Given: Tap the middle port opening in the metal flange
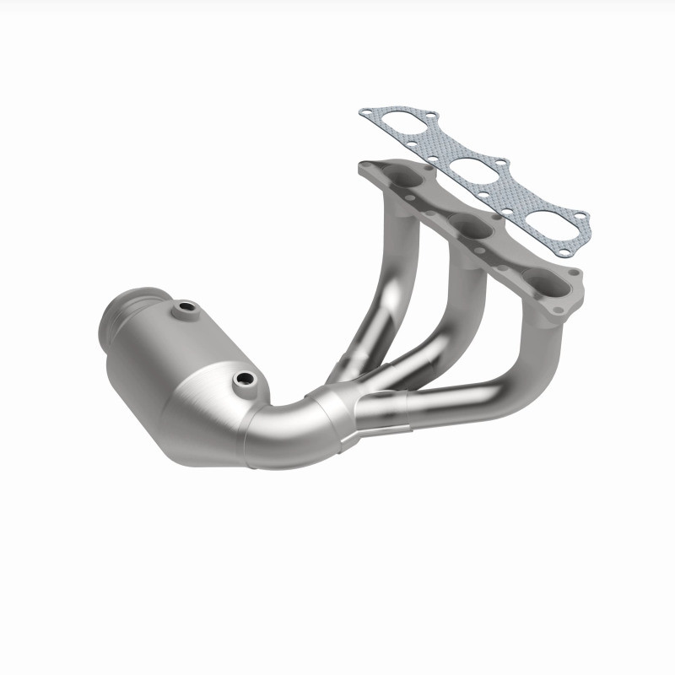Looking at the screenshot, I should pyautogui.click(x=468, y=226).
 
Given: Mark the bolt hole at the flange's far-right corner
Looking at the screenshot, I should pyautogui.click(x=576, y=275).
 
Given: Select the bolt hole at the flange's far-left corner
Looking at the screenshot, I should pyautogui.click(x=364, y=166).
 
